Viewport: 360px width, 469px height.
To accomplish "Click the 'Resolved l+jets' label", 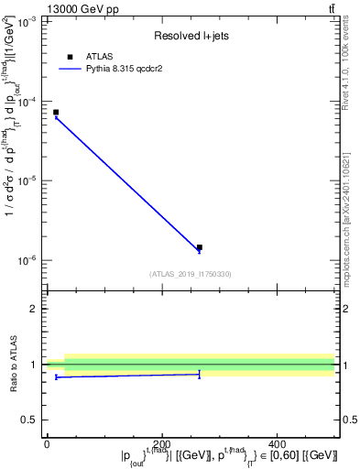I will (190, 37).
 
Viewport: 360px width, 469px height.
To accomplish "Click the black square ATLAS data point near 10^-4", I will (56, 113).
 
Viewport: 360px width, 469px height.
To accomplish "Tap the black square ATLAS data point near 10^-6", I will (200, 247).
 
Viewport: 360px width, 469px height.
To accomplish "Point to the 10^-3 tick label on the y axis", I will (28, 22).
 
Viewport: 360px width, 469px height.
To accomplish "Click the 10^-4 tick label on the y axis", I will (28, 102).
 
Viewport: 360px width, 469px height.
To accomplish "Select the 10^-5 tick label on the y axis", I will (28, 181).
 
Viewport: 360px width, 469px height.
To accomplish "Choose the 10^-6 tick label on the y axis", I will (28, 261).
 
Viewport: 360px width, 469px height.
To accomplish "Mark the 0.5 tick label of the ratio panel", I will (30, 420).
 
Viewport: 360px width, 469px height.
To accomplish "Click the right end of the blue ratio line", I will (200, 374).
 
